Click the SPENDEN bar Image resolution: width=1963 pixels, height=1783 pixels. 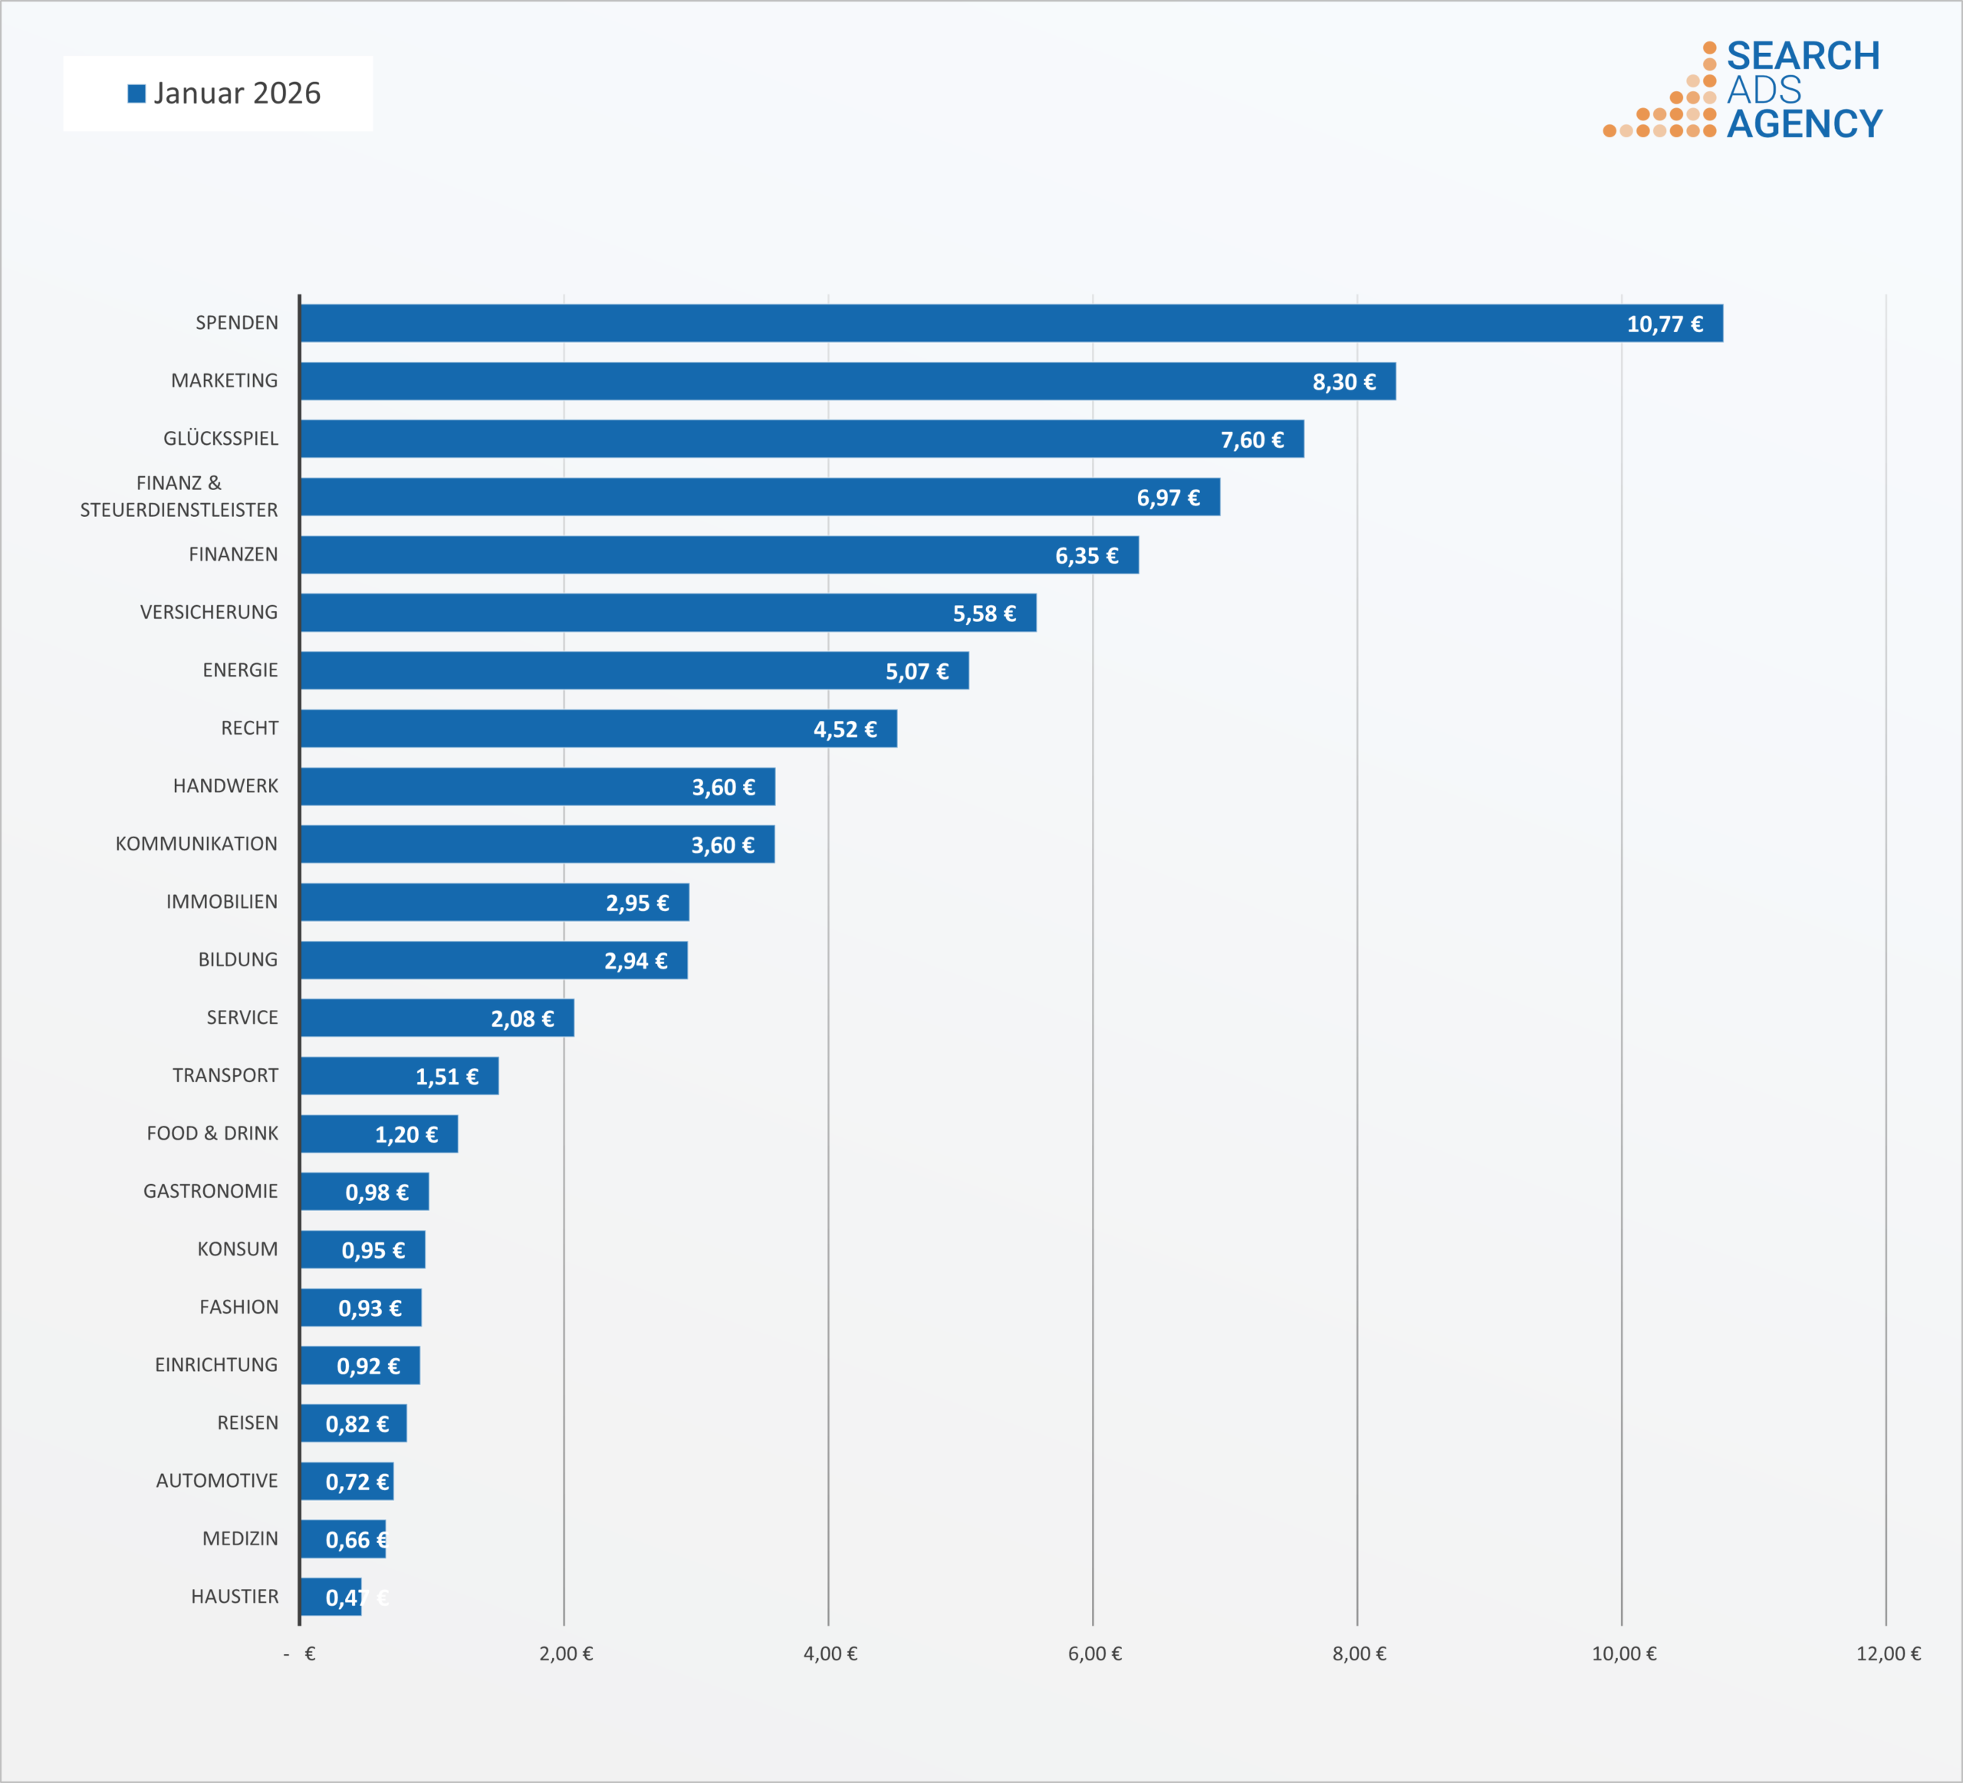(1011, 324)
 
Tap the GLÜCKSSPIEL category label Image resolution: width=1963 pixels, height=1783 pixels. (221, 438)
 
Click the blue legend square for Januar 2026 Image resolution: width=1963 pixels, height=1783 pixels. (136, 94)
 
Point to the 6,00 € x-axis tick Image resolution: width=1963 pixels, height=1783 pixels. (1094, 1653)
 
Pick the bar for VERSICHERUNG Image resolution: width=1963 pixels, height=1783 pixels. (668, 613)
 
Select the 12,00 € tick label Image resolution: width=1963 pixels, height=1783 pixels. (1888, 1653)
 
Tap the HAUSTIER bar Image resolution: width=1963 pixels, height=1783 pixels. (331, 1597)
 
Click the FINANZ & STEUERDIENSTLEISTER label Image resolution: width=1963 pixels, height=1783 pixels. (179, 497)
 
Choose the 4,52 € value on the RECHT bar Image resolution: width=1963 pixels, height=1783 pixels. (845, 729)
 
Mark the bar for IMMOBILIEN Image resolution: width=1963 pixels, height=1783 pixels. (495, 902)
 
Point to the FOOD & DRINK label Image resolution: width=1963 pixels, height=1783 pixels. (212, 1133)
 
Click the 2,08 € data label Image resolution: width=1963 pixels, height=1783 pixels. (522, 1018)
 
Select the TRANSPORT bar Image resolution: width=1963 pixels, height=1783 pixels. (400, 1076)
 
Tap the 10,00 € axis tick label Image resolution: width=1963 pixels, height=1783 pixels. (1623, 1653)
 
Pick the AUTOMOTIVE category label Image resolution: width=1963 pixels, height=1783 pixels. (217, 1481)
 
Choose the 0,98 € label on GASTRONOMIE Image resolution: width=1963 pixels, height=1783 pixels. (376, 1192)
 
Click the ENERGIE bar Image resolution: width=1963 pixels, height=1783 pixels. (634, 671)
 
